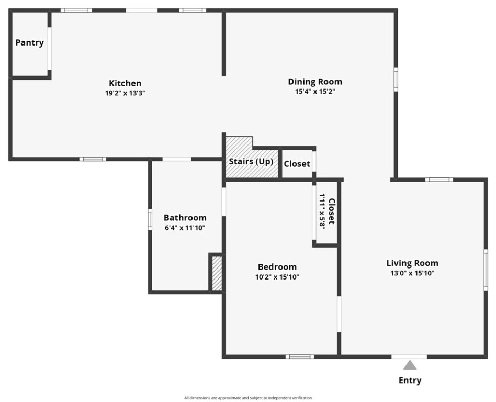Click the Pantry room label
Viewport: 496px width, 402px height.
[30, 42]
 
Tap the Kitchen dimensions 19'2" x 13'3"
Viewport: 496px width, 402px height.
[125, 93]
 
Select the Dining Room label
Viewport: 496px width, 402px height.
[315, 82]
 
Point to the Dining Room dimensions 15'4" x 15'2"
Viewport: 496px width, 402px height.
[315, 92]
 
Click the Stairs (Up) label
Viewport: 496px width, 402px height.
[251, 161]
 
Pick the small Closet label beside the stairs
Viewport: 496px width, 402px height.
[297, 164]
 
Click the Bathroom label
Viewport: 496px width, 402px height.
[185, 218]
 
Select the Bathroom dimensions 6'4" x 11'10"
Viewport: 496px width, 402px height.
[185, 228]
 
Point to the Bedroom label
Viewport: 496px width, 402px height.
[277, 267]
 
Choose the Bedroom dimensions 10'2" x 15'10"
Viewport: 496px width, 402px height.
[277, 277]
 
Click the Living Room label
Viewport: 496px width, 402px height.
[412, 263]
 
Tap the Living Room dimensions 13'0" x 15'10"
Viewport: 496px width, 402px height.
[412, 273]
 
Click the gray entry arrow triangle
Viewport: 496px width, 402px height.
[410, 365]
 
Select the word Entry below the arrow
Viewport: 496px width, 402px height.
[410, 380]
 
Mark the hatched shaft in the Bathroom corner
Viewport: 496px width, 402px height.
[217, 273]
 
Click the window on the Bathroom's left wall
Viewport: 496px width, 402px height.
[150, 219]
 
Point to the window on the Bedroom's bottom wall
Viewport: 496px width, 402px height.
[300, 357]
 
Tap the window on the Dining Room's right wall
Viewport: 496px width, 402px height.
[396, 79]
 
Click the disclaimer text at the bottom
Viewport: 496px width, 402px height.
[248, 398]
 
